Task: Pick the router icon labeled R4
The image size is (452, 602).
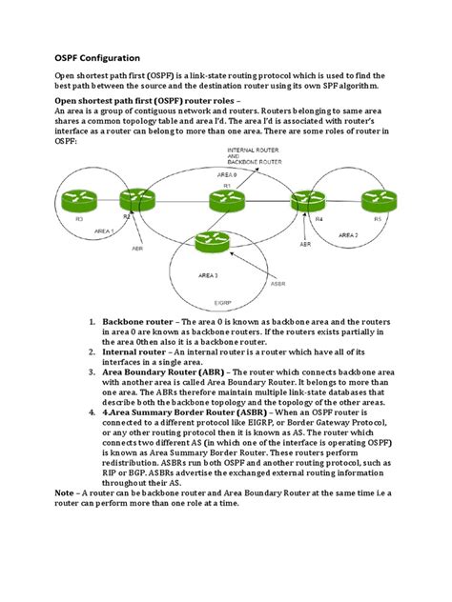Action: pyautogui.click(x=317, y=200)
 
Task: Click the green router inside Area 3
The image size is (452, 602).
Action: pyautogui.click(x=210, y=242)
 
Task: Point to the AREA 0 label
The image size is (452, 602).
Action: pyautogui.click(x=226, y=176)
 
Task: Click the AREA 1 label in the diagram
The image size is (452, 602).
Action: pyautogui.click(x=99, y=231)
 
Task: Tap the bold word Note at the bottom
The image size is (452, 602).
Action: pyautogui.click(x=64, y=492)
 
